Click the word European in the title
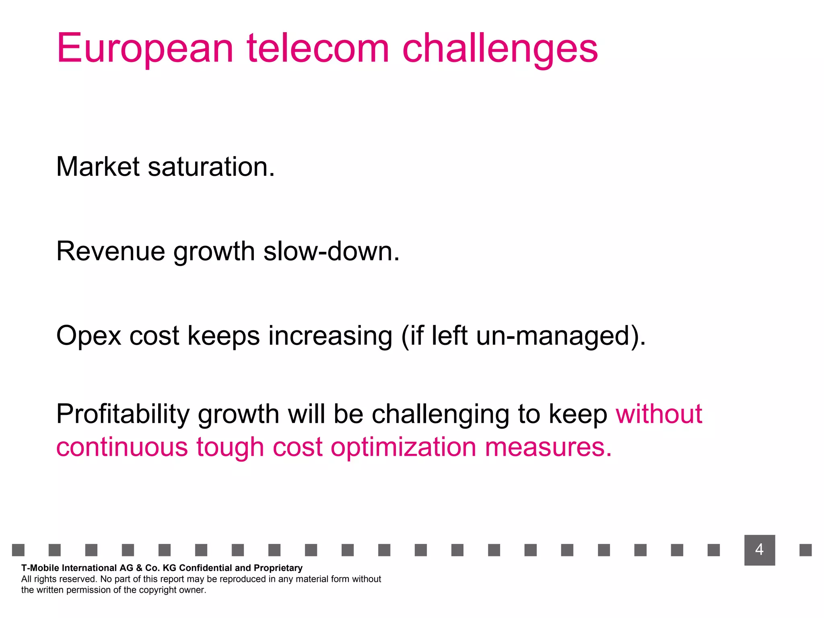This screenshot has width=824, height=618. point(145,49)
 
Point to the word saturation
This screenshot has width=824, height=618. point(211,167)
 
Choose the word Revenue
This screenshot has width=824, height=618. point(111,251)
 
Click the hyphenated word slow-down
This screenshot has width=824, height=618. point(331,251)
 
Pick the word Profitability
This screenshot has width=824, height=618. point(123,414)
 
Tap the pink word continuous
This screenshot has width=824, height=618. point(122,447)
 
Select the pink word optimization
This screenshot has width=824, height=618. point(403,448)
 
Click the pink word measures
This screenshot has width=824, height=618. point(548,447)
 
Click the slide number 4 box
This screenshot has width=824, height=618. point(759,550)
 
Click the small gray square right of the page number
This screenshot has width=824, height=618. point(805,550)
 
